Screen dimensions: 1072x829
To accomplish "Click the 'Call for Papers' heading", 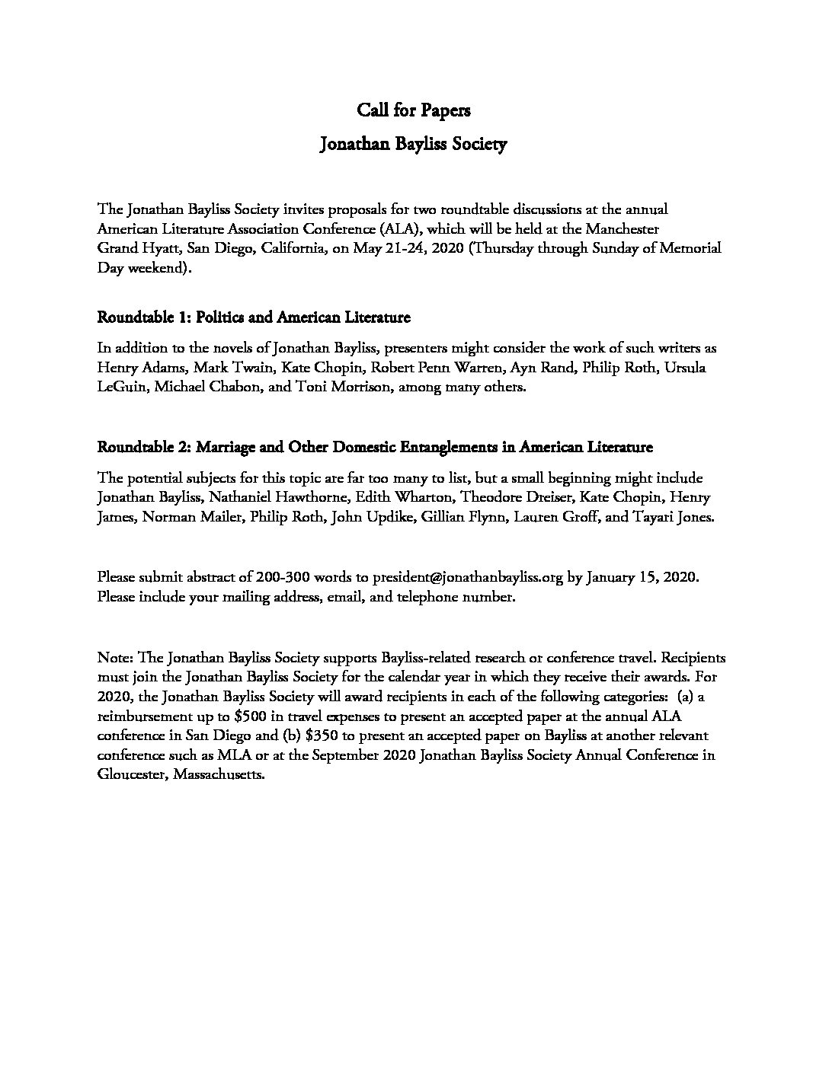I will pos(414,111).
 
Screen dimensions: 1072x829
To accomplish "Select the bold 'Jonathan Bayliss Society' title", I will pos(414,145).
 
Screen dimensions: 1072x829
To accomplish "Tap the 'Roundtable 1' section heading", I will pos(254,317).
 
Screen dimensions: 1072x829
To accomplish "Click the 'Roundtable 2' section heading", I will pos(375,446).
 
